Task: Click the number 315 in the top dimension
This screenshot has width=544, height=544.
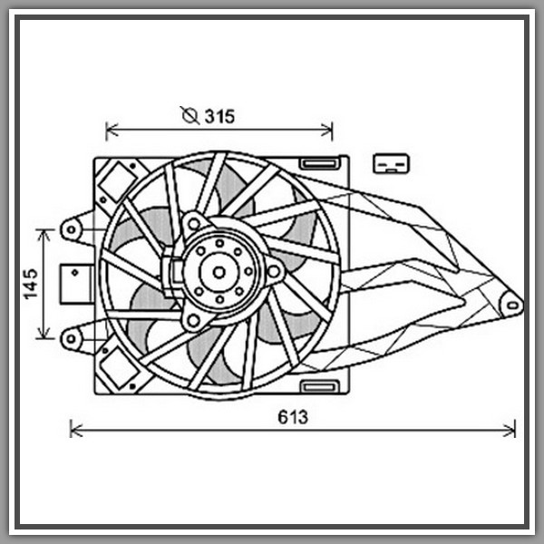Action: point(219,115)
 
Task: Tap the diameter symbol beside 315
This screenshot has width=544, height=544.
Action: point(189,115)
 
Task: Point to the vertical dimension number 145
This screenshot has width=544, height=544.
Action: point(30,284)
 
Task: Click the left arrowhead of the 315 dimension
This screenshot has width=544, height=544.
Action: point(111,131)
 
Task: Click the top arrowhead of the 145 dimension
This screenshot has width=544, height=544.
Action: point(44,233)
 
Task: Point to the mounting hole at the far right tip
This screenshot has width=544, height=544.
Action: point(513,305)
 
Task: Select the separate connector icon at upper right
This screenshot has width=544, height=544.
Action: point(392,163)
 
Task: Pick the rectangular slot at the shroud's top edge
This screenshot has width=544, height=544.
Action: point(318,163)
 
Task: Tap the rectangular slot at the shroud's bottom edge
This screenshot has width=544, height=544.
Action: point(318,387)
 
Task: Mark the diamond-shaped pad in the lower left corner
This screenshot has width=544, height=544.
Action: point(115,369)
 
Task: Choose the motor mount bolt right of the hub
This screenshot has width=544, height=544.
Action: point(276,269)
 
